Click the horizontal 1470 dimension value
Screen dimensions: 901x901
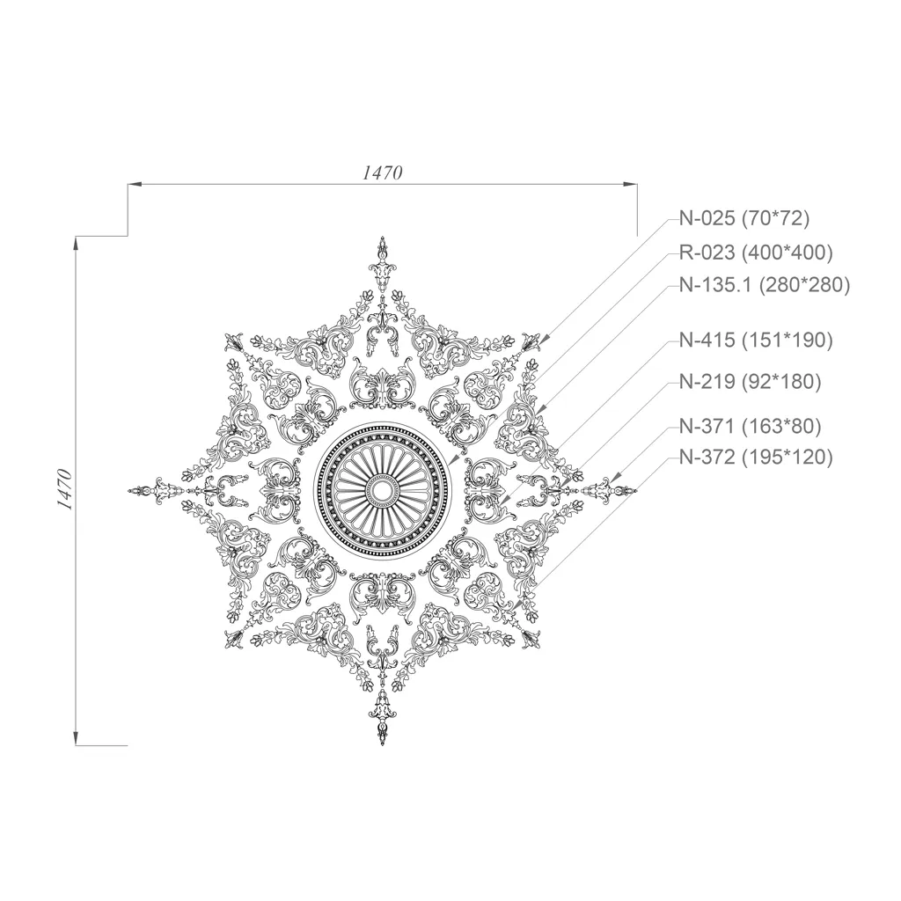[382, 172]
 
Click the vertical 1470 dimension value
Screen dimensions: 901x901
[64, 490]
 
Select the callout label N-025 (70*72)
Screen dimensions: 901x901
[744, 218]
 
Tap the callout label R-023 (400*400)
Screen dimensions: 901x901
[756, 253]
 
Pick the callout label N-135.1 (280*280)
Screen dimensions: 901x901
[765, 285]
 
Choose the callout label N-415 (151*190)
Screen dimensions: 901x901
[756, 341]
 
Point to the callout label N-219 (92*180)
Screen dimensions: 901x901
[751, 382]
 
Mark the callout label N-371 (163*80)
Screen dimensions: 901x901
[751, 427]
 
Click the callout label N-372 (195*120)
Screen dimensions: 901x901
[756, 458]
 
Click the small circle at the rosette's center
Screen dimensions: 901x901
[382, 490]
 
